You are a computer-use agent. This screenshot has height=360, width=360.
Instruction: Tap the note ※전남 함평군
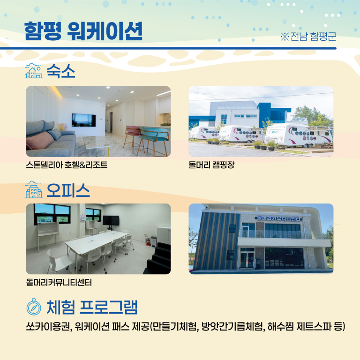click(x=308, y=37)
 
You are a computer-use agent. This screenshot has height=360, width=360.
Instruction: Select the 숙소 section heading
click(x=61, y=72)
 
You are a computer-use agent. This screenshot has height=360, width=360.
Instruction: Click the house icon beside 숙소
click(x=33, y=72)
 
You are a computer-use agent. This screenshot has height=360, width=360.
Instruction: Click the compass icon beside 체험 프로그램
click(x=34, y=308)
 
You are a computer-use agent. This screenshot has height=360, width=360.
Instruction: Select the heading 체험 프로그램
click(x=92, y=307)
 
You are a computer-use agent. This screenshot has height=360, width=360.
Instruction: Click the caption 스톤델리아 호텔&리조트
click(x=67, y=165)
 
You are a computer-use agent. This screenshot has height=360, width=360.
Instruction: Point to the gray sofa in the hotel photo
click(x=47, y=138)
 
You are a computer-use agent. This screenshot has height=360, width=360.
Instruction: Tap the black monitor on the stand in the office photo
click(x=111, y=220)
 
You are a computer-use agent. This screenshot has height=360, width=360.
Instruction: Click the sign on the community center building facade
click(x=279, y=218)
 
